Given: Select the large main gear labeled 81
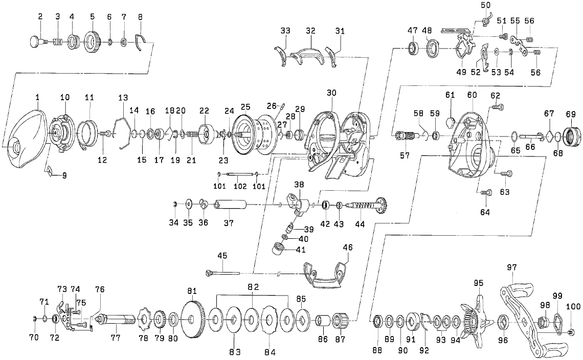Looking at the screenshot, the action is [x=192, y=320].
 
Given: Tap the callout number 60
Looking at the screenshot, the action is [x=472, y=95].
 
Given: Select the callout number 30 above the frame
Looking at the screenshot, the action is [x=331, y=93].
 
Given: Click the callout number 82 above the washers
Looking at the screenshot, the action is [x=253, y=287].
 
